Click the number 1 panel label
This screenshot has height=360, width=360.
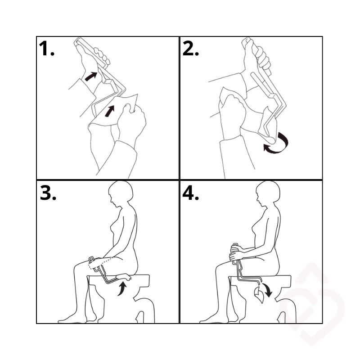(x=47, y=49)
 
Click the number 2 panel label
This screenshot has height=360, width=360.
(x=190, y=49)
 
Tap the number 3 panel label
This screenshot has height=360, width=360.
(x=48, y=193)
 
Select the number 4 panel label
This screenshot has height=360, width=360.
(x=190, y=193)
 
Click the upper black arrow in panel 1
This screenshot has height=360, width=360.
(x=91, y=76)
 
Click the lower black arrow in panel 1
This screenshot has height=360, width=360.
(x=109, y=111)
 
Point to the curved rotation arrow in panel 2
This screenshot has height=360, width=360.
(x=278, y=144)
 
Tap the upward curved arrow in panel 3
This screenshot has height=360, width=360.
(x=122, y=289)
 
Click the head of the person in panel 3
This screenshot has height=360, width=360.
(x=121, y=193)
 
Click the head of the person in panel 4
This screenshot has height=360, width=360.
(x=268, y=193)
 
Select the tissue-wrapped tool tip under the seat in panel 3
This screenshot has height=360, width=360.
(x=123, y=277)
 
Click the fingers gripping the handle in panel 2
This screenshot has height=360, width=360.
(x=263, y=58)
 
